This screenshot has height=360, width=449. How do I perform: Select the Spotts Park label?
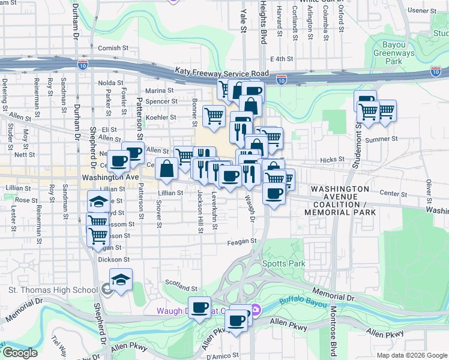pyautogui.click(x=283, y=263)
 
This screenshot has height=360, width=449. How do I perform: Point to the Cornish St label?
pyautogui.click(x=113, y=47)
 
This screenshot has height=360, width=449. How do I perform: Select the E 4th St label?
pyautogui.click(x=282, y=59)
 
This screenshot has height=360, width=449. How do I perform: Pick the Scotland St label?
pyautogui.click(x=181, y=289)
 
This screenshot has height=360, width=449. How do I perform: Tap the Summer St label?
pyautogui.click(x=378, y=140)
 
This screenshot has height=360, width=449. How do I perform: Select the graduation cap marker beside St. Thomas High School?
pyautogui.click(x=121, y=280)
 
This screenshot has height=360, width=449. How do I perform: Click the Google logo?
pyautogui.click(x=20, y=353)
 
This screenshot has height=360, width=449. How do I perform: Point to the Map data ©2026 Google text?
pyautogui.click(x=411, y=355)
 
